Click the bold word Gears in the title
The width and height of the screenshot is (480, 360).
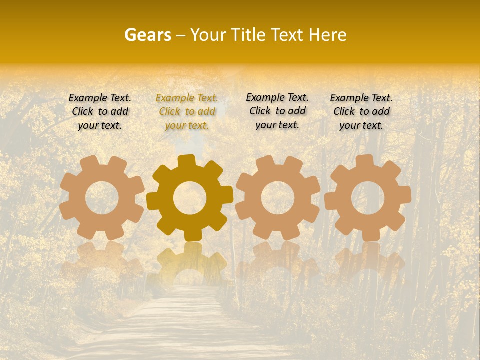point(147,35)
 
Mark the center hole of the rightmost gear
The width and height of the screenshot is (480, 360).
point(368,197)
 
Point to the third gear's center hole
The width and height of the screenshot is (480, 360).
point(278,197)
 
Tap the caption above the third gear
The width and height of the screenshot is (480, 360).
point(277,111)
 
